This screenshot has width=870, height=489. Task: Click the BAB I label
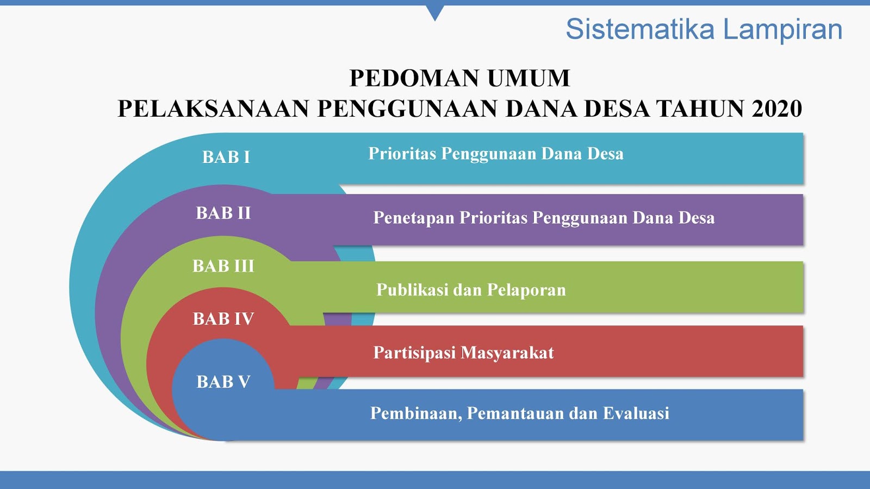[226, 157]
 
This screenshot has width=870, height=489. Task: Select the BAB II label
[223, 213]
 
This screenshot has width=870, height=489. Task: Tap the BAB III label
[223, 266]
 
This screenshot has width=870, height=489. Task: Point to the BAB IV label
[223, 319]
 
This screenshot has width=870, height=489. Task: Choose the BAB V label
[223, 382]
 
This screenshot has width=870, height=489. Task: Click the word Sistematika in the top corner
[641, 29]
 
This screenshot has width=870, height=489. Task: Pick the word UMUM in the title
[529, 78]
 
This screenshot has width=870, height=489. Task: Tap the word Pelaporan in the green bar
[526, 290]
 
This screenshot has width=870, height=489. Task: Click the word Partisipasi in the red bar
[414, 353]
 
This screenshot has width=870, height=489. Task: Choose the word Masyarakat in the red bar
[507, 353]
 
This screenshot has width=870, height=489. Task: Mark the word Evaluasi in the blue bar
[636, 413]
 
